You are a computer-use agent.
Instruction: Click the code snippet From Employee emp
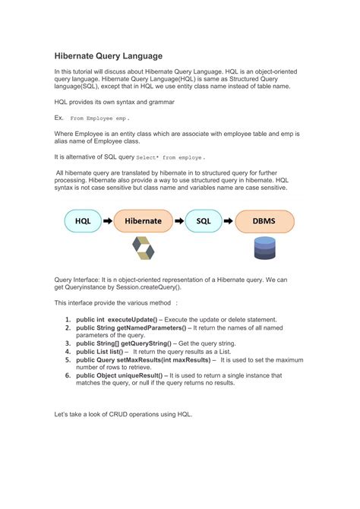coord(99,119)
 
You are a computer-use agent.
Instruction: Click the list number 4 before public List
coord(68,352)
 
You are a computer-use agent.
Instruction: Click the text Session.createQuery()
coord(146,287)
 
